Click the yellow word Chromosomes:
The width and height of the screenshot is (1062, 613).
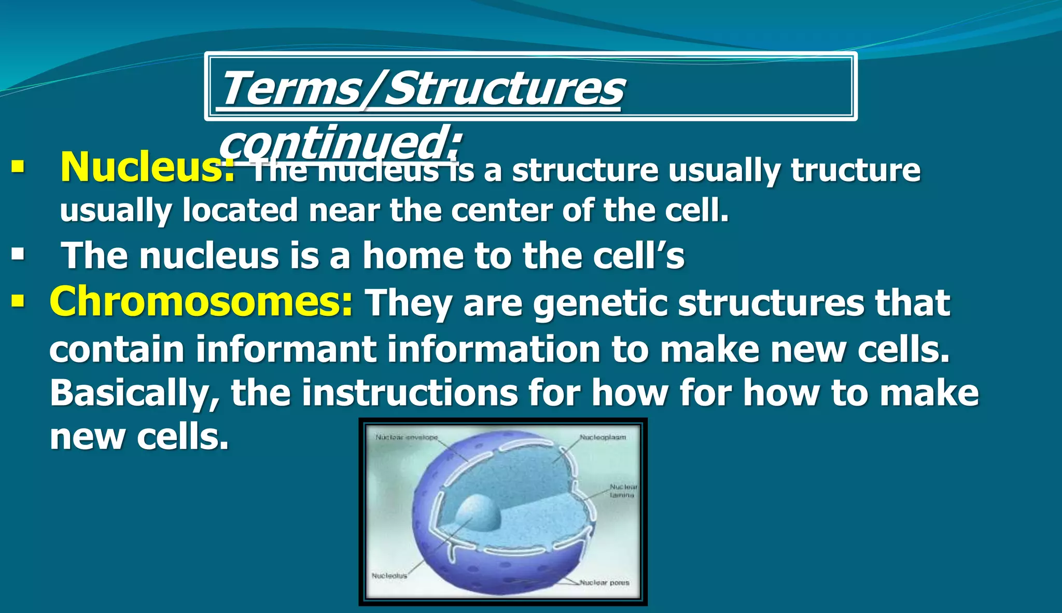(201, 302)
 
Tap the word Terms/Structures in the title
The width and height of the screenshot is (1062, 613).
(421, 89)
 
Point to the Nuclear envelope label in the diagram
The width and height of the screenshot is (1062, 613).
(407, 437)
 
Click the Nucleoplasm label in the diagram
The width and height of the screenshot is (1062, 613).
(603, 437)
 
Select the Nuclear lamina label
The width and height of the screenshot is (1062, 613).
(623, 491)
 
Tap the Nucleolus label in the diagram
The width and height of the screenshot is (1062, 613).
(389, 576)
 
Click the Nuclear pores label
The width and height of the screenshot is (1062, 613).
(604, 582)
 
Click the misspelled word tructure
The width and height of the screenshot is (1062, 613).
(856, 170)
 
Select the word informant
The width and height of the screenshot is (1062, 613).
(286, 349)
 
